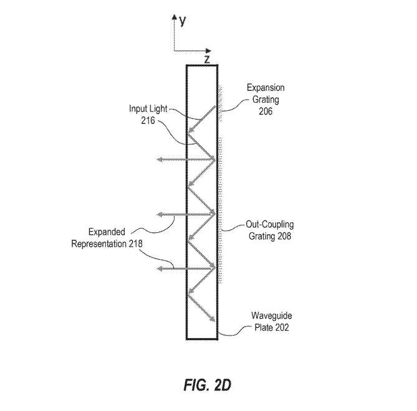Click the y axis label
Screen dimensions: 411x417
pos(183,22)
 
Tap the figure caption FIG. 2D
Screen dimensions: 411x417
pos(208,385)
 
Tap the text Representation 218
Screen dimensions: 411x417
pos(107,243)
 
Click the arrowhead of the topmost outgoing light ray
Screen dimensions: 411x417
pos(158,160)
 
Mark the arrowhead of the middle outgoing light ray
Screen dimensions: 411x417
pos(158,214)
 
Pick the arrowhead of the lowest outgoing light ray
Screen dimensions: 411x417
pos(158,268)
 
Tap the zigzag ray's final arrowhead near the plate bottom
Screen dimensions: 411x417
pos(213,320)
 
